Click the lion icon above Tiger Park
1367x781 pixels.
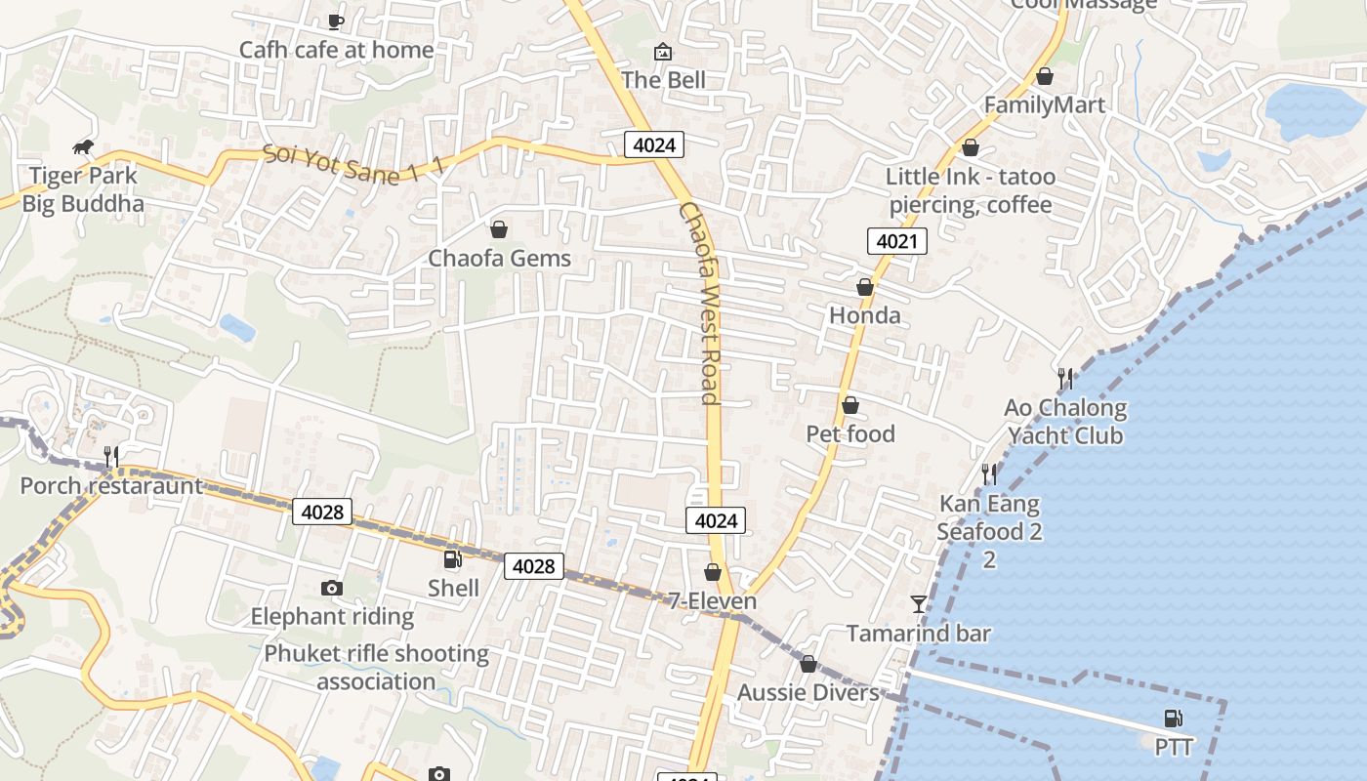83,147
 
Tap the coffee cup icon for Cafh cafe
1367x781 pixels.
336,21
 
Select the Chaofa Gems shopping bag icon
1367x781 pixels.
499,229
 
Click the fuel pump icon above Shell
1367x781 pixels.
453,559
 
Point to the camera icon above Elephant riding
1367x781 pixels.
332,588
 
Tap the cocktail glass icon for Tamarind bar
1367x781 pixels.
919,604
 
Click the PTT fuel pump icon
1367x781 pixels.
1174,719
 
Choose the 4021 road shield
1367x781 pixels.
896,240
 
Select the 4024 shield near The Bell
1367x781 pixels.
654,145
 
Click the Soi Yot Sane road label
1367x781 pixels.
353,164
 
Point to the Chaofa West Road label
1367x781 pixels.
701,303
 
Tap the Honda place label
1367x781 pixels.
865,315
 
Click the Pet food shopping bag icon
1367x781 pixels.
850,405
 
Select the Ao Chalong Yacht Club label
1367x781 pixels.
1065,422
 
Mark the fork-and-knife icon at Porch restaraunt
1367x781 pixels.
111,457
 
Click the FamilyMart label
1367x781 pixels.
1045,105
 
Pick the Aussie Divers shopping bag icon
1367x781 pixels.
808,665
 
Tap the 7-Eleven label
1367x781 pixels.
713,600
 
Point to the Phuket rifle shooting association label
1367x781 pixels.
376,667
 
